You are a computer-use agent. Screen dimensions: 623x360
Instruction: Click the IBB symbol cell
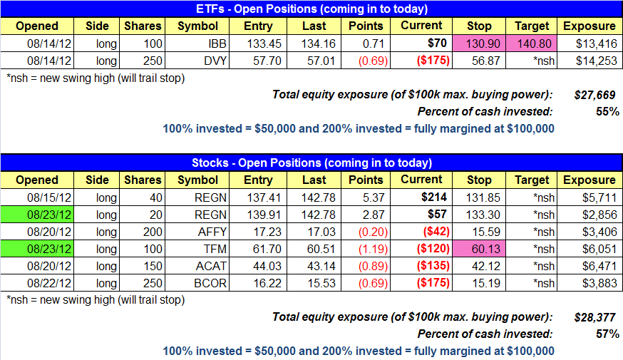(197, 43)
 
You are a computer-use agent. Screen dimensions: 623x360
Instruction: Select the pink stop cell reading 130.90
(479, 43)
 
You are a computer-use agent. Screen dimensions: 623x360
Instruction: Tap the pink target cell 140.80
(531, 43)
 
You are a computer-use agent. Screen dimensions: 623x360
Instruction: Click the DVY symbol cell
(197, 61)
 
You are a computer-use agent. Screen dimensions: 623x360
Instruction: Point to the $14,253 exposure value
(597, 61)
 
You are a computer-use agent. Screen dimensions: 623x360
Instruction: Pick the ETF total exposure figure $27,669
(594, 95)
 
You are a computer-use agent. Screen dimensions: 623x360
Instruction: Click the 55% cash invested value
(607, 112)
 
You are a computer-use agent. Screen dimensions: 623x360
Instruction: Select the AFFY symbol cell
(197, 232)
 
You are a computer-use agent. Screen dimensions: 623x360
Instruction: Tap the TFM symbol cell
(197, 249)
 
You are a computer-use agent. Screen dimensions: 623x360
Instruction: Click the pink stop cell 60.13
(479, 249)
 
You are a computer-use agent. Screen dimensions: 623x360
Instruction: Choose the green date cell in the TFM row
(37, 249)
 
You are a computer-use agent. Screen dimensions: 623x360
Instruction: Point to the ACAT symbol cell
(197, 266)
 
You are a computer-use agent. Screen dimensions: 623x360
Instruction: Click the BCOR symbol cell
(197, 283)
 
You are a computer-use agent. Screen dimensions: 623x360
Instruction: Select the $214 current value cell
(421, 197)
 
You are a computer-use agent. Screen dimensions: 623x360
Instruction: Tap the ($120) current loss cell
(421, 249)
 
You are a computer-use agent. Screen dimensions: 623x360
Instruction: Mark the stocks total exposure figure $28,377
(594, 317)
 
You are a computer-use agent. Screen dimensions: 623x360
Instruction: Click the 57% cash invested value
(607, 334)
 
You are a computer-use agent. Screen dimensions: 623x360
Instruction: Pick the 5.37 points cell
(366, 197)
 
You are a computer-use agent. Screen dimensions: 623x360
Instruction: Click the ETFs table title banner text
(311, 9)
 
